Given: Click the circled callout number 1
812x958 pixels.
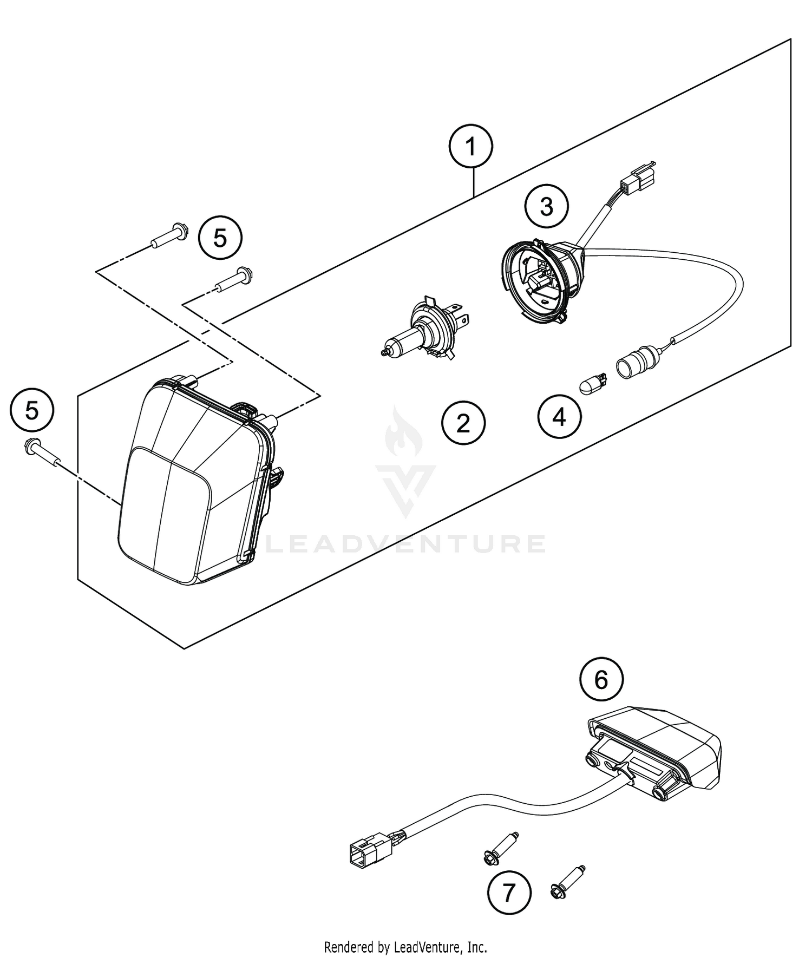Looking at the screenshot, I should [471, 147].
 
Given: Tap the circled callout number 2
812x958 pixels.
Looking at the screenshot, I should [463, 424].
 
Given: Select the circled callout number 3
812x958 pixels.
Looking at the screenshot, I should [547, 207].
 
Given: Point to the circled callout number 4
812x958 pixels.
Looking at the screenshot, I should [559, 417].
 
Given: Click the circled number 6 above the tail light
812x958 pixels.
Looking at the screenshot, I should [601, 680].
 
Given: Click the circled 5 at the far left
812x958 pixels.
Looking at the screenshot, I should [32, 410].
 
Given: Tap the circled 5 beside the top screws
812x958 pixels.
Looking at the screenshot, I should [220, 238].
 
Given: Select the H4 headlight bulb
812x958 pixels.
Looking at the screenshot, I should [428, 330].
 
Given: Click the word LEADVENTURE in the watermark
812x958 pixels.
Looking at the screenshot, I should [406, 544].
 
